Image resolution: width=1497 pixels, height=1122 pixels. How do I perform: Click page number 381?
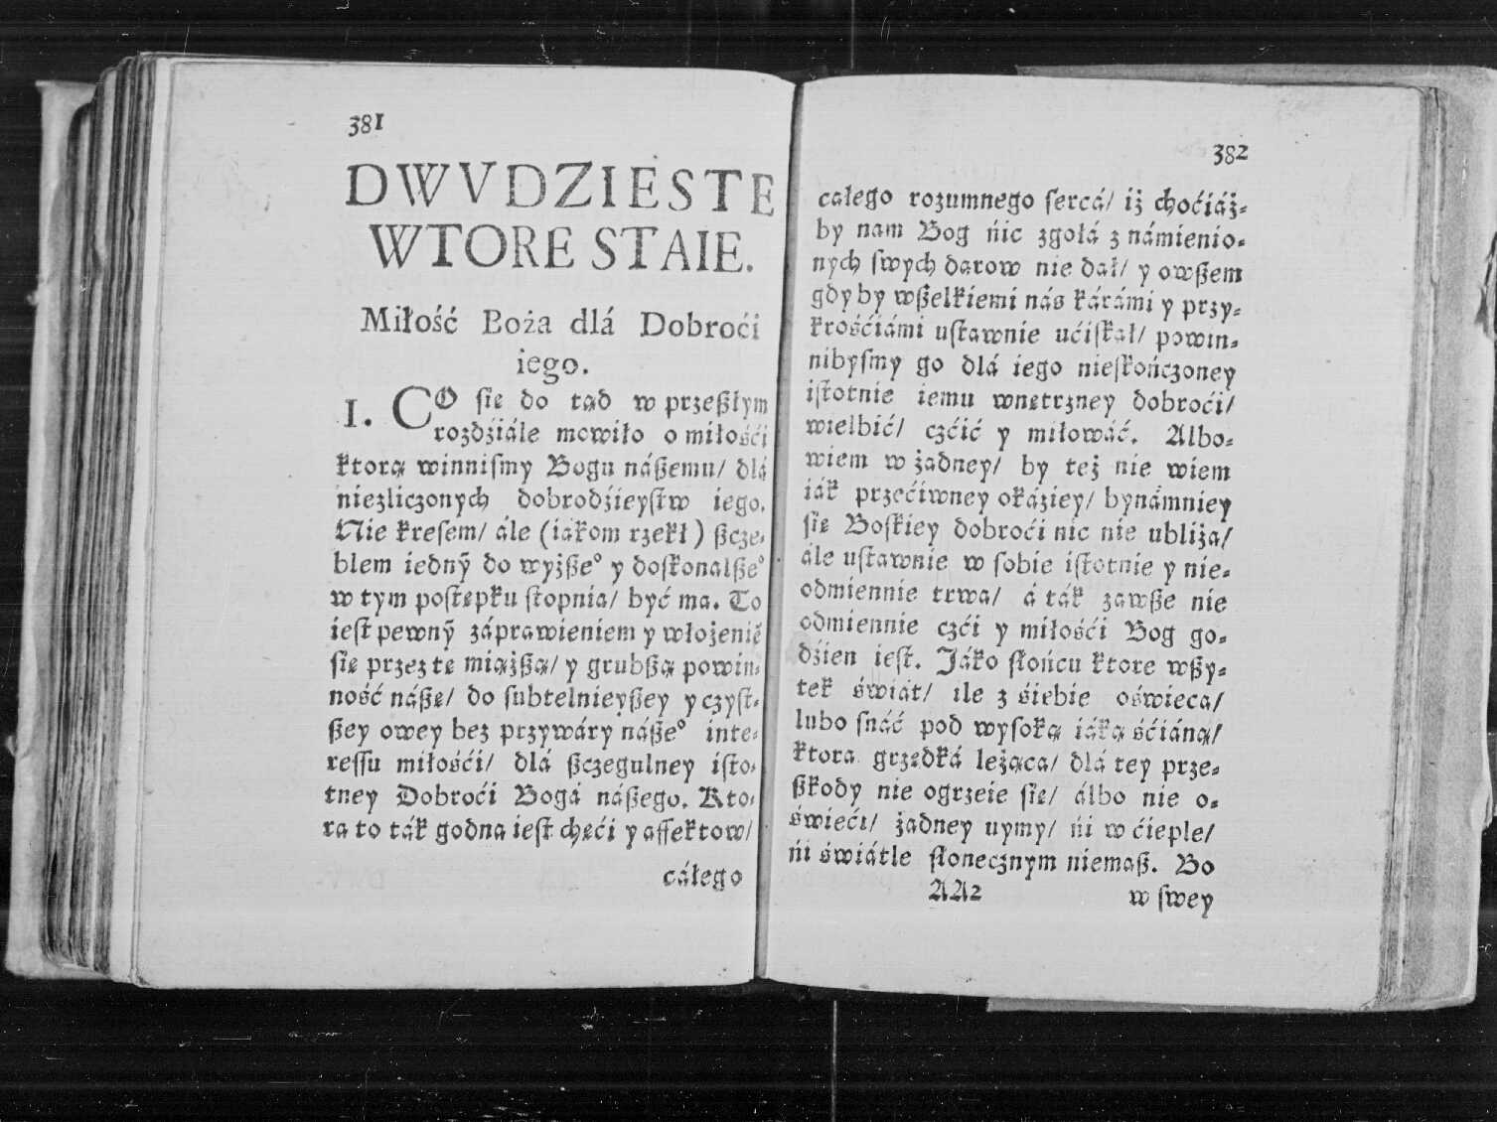[x=365, y=124]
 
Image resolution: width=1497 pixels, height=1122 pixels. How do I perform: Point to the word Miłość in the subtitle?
[x=409, y=321]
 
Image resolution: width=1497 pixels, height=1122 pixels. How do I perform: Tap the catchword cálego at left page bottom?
[x=702, y=877]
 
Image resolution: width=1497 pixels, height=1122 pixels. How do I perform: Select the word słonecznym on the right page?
[x=992, y=860]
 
